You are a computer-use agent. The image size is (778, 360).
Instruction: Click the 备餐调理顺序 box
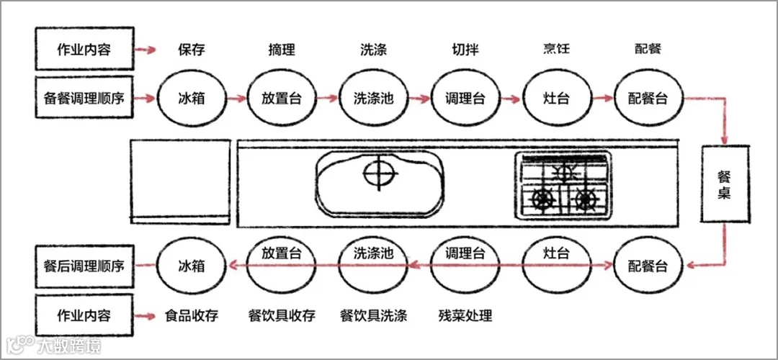84,97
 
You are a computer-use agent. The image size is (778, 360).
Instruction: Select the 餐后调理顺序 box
84,266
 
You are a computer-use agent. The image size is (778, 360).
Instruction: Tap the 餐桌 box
725,184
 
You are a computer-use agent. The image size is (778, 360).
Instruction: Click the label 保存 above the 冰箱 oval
192,50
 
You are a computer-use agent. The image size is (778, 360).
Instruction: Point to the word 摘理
281,50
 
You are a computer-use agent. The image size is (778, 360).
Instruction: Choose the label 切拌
465,50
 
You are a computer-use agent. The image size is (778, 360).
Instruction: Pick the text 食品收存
192,315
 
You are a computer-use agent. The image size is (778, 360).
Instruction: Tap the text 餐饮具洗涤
373,315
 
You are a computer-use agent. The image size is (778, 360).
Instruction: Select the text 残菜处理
465,315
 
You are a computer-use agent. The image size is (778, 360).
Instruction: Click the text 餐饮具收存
281,315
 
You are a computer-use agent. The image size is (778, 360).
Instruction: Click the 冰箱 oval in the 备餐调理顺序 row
192,98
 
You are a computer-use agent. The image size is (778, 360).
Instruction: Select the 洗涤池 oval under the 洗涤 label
373,98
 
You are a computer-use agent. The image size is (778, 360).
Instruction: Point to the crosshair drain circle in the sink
380,174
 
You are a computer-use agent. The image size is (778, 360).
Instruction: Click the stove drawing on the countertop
563,186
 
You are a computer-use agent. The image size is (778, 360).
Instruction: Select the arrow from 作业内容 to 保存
146,50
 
